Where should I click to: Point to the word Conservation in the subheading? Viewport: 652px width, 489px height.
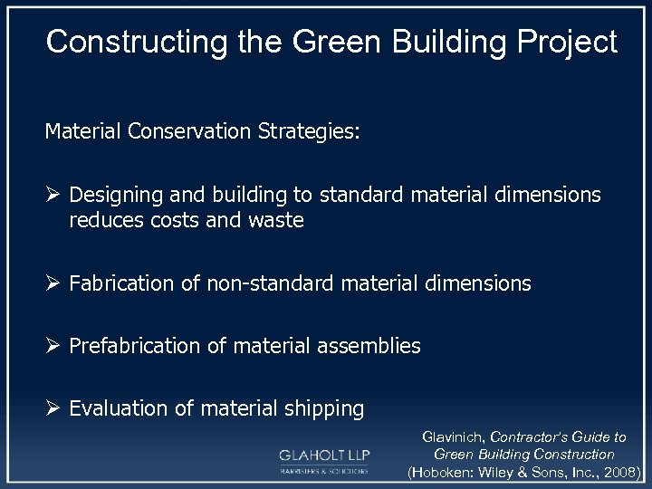coord(191,132)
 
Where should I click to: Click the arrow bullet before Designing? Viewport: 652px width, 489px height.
coord(53,195)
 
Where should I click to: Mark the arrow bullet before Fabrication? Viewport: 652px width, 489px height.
coord(53,283)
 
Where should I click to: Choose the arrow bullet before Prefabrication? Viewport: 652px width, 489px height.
coord(53,345)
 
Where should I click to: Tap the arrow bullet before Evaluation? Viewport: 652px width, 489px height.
coord(53,408)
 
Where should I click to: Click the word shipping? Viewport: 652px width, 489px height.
coord(322,408)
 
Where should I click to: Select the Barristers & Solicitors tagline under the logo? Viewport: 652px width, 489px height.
coord(322,471)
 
